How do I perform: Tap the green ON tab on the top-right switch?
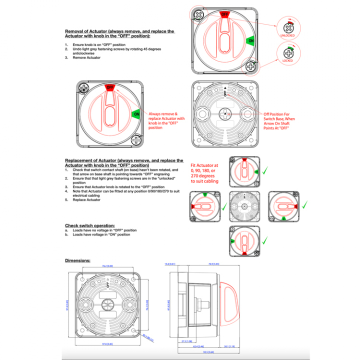click(x=251, y=40)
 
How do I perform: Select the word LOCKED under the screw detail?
click(x=287, y=60)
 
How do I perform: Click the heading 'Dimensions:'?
click(x=77, y=260)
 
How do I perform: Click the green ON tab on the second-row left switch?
click(x=136, y=114)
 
